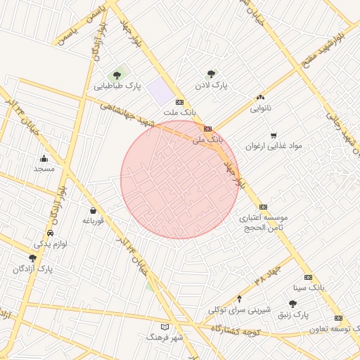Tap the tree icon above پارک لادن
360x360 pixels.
click(210, 73)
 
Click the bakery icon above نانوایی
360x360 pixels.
click(261, 98)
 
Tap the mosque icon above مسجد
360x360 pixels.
click(44, 158)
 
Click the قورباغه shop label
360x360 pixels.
click(93, 221)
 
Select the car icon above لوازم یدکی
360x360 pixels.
click(50, 233)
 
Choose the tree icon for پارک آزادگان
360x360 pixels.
click(32, 258)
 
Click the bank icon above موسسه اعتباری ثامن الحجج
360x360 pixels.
click(263, 207)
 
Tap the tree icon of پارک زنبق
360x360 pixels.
click(292, 303)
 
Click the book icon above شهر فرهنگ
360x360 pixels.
click(165, 327)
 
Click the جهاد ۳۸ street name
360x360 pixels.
click(264, 275)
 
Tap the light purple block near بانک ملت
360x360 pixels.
click(160, 91)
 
